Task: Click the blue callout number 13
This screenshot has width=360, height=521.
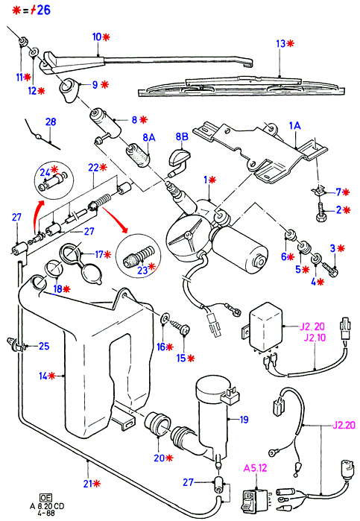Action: (281, 43)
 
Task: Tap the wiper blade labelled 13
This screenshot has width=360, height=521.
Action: (241, 87)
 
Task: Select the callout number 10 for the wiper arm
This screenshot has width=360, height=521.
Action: (97, 37)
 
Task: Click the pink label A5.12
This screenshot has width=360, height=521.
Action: (256, 468)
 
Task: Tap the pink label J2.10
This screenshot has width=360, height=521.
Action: (315, 338)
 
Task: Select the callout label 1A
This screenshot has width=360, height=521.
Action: (294, 126)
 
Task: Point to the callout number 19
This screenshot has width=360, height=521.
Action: (244, 420)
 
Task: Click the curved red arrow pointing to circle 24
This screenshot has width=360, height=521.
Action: (37, 215)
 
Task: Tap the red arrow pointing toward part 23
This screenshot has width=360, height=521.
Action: (115, 219)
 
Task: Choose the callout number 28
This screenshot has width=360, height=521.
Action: (51, 122)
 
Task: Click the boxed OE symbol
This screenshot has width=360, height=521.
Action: (45, 497)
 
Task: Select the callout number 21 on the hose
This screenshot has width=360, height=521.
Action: (88, 484)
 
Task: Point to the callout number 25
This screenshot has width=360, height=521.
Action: (44, 347)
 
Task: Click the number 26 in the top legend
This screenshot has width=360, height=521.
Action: (43, 10)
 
